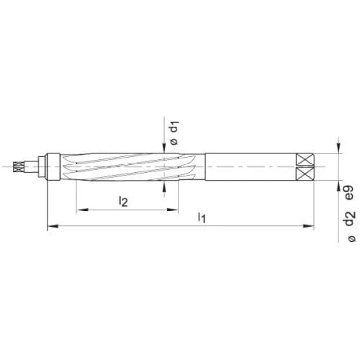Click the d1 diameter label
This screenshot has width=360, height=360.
click(175, 126)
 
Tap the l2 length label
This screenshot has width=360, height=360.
click(123, 201)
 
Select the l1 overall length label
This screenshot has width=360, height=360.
click(202, 217)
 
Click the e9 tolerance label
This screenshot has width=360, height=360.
click(349, 193)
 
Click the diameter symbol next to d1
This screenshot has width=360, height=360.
click(174, 142)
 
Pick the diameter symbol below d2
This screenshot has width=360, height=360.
click(351, 238)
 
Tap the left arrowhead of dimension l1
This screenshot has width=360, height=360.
click(53, 226)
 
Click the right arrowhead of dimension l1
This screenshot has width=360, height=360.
click(309, 226)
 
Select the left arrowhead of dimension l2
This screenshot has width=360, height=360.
click(82, 210)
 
